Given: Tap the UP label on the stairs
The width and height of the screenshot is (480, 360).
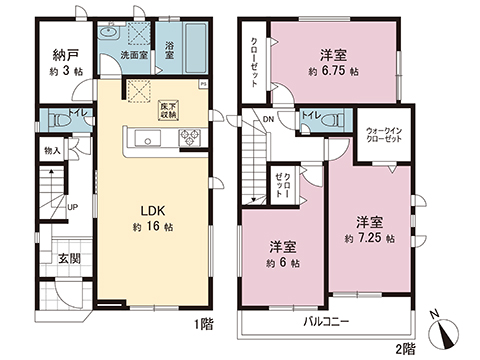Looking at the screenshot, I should tap(74, 207).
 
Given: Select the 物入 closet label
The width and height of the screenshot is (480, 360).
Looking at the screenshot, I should tap(54, 151).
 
